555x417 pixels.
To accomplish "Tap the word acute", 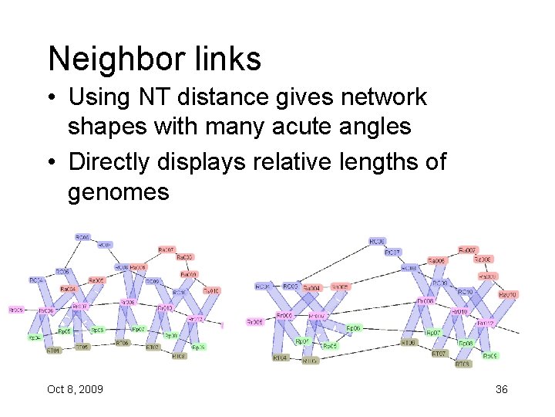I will click(295, 124).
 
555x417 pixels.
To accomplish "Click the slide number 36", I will click(502, 389).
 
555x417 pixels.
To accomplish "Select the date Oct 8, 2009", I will click(75, 389).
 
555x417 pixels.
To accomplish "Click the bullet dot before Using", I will click(53, 98).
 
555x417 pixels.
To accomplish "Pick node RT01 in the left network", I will click(52, 351).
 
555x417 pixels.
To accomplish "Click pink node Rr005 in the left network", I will click(15, 310).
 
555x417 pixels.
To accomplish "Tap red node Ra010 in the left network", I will click(211, 291).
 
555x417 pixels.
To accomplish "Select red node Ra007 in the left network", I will click(166, 249).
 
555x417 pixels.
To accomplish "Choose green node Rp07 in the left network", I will click(138, 329).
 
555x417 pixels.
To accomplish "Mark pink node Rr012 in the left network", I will click(196, 317).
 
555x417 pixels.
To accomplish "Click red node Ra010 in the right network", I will click(507, 294).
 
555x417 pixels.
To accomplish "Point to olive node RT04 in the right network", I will click(280, 358).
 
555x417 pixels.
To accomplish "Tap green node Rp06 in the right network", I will click(353, 328).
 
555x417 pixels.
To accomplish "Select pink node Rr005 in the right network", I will click(255, 321).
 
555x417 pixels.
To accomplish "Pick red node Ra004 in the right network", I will click(311, 288).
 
